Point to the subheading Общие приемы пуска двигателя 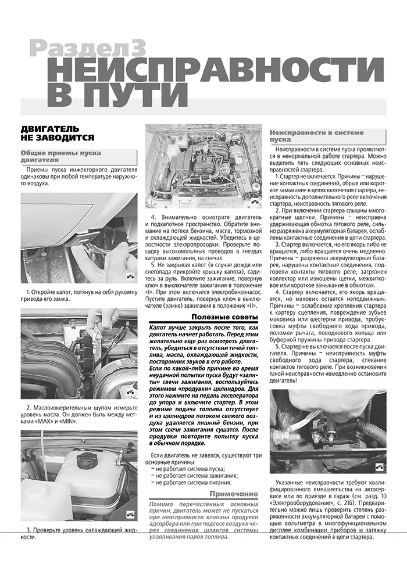coord(61,157)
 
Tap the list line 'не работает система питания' coord(193,482)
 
